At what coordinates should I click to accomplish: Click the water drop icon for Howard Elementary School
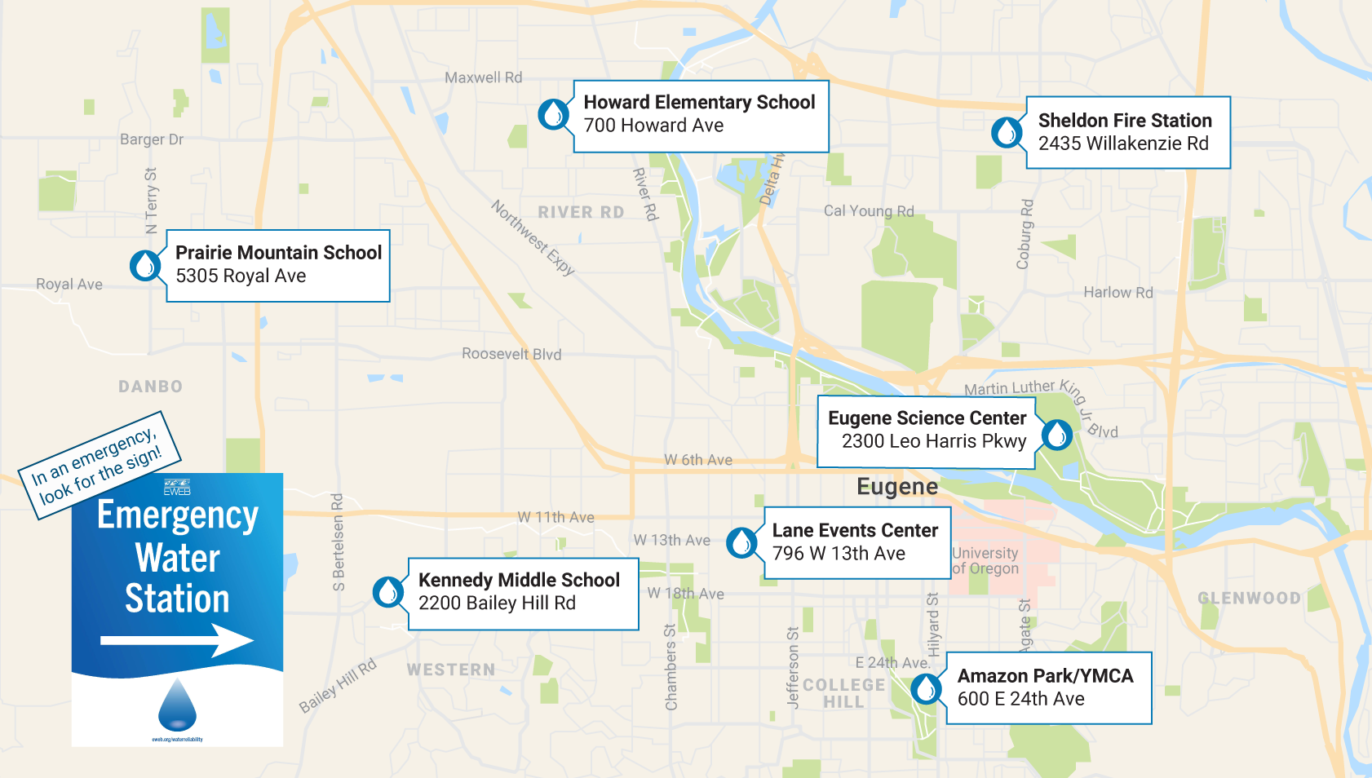(x=554, y=114)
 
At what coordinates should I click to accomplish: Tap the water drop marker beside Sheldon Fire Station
(x=1007, y=132)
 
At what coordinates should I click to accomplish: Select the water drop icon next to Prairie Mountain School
(x=145, y=266)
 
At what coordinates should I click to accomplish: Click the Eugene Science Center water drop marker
(x=1057, y=435)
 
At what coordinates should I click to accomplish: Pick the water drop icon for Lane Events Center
(x=741, y=542)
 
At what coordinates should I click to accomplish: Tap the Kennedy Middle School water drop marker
(x=388, y=592)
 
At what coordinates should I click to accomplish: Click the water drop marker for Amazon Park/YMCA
(x=926, y=689)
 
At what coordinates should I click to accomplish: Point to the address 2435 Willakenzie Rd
(x=1122, y=144)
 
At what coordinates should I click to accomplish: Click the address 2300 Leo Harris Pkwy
(x=933, y=441)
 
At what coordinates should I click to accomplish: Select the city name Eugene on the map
(x=896, y=487)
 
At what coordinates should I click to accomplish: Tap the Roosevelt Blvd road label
(x=511, y=354)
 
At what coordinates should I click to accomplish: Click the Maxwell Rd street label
(x=483, y=77)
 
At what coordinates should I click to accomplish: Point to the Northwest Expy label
(x=533, y=237)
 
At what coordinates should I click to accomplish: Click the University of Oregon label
(x=985, y=561)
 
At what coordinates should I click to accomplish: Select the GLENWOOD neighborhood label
(x=1248, y=598)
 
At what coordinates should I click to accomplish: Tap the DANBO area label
(x=150, y=387)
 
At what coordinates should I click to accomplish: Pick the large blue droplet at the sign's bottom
(x=177, y=705)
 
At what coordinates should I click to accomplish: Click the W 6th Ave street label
(x=697, y=460)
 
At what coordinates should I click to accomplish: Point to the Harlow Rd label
(x=1118, y=292)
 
